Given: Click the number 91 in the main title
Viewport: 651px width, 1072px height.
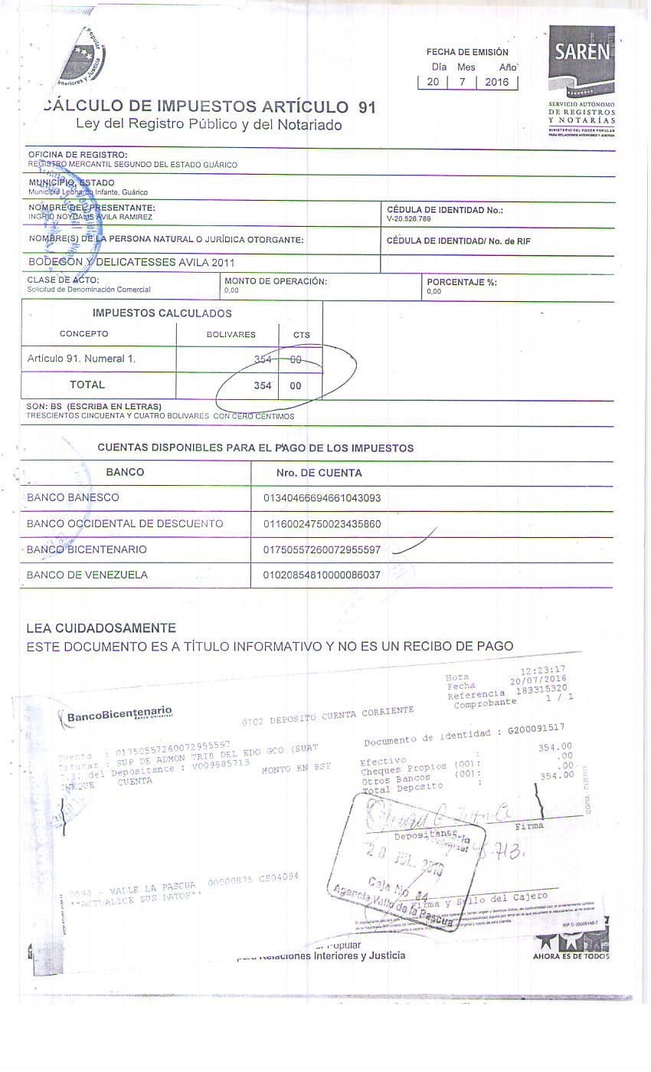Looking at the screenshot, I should [x=367, y=107].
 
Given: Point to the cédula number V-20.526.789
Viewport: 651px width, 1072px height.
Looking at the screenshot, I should [x=409, y=219].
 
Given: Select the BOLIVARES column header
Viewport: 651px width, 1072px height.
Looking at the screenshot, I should [x=231, y=335].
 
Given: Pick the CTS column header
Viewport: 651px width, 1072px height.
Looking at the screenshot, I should [x=301, y=335].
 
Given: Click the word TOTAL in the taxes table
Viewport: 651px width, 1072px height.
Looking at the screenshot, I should [x=87, y=385].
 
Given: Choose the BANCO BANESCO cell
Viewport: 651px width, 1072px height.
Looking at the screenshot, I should [x=73, y=498].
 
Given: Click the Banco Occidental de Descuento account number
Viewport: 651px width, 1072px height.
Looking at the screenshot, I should [x=322, y=524].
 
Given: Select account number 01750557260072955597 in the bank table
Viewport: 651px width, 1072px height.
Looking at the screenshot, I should [x=322, y=550].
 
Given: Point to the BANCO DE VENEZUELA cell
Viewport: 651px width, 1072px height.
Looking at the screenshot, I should [x=87, y=575].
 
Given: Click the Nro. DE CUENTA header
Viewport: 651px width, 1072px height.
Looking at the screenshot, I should [x=319, y=473].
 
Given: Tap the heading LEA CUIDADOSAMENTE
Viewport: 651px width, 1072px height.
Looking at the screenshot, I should [x=101, y=628].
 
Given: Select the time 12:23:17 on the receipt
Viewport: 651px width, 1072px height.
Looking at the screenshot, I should [x=538, y=670].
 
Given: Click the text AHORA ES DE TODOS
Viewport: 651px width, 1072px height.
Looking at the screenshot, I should [x=571, y=956].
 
